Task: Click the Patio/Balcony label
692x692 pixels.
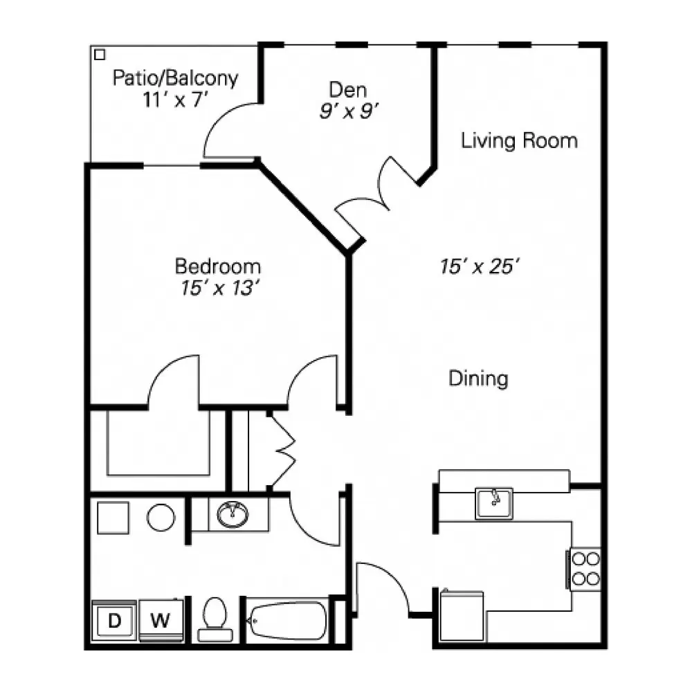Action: (175, 78)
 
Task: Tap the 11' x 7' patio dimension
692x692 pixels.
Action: (175, 100)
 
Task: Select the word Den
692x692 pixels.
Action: (348, 90)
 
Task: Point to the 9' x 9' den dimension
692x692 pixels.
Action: (349, 111)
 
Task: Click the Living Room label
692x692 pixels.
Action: (520, 140)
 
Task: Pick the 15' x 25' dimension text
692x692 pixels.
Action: (479, 266)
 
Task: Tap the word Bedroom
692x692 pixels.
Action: (218, 266)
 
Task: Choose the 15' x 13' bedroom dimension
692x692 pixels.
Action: (219, 288)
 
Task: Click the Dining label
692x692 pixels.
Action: (478, 379)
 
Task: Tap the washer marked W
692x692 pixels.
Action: (161, 621)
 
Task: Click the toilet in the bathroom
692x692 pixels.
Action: (215, 619)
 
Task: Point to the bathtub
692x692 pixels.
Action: (287, 621)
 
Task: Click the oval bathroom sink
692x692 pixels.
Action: (233, 515)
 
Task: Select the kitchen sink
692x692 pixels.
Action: (494, 503)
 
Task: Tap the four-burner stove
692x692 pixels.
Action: (585, 569)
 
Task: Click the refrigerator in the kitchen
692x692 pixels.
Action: (462, 616)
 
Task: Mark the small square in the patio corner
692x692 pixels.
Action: (100, 55)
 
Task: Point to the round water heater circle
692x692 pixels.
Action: (161, 518)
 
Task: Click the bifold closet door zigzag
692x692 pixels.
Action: (282, 450)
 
